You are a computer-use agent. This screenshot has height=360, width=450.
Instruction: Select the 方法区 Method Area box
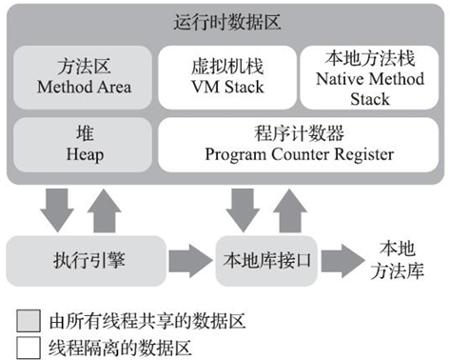tap(80, 77)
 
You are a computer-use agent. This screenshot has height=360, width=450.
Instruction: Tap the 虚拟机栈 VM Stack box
tap(225, 77)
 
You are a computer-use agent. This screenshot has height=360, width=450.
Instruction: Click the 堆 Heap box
tap(80, 144)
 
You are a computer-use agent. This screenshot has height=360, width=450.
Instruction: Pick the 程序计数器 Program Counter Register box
tap(295, 144)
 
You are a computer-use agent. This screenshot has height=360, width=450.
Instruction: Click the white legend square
tap(29, 344)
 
